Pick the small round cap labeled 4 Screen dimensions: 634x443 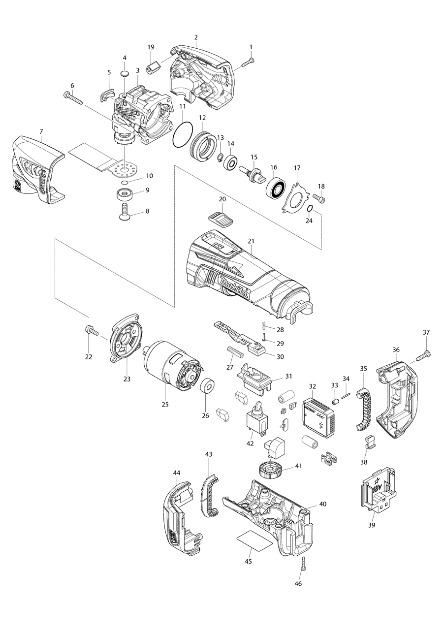point(125,73)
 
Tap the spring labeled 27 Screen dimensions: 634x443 point(235,352)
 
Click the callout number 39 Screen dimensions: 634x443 point(371,525)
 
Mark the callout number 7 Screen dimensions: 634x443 point(41,131)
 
